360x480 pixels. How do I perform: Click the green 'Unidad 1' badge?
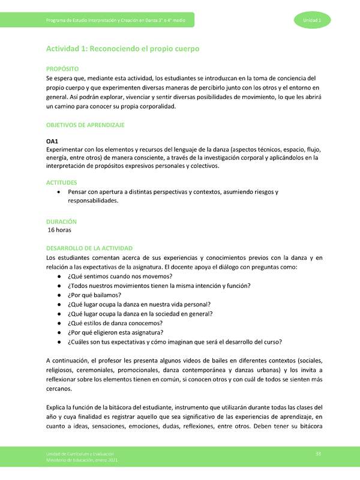311,21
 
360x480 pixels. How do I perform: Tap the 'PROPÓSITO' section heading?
67,70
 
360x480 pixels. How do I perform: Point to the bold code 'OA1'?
53,141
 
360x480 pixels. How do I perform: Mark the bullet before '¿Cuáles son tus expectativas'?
58,342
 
